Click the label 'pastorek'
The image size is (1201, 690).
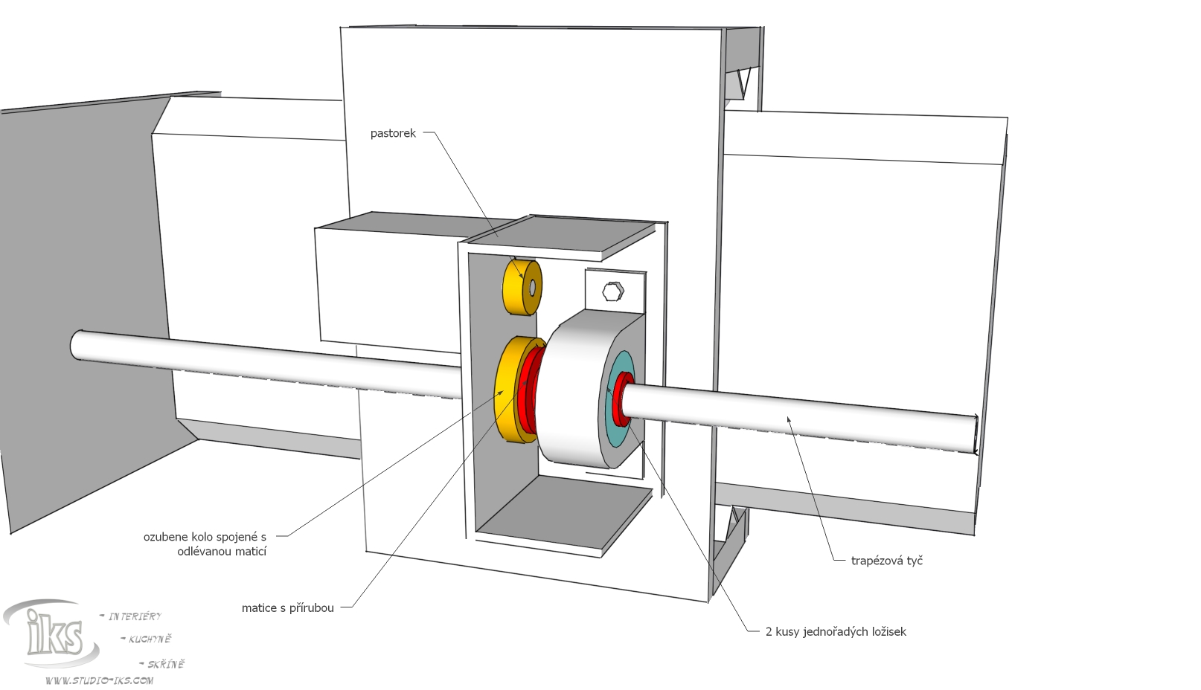tap(393, 134)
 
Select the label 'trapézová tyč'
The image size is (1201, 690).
tap(886, 561)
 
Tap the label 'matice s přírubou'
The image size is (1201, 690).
tap(287, 608)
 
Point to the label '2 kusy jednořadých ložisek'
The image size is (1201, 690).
tap(836, 632)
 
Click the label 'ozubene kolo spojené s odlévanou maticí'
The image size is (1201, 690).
tap(205, 544)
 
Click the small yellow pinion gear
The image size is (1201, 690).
tap(513, 286)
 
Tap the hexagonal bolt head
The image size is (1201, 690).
tap(612, 291)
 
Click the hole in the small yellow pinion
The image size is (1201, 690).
tap(532, 287)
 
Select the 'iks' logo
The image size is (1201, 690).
tap(52, 633)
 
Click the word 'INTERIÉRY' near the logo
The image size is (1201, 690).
tap(135, 616)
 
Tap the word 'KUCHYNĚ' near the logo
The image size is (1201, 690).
tap(150, 639)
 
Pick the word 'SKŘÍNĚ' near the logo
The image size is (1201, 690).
tap(165, 664)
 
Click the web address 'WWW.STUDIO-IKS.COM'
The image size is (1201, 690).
tap(99, 680)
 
